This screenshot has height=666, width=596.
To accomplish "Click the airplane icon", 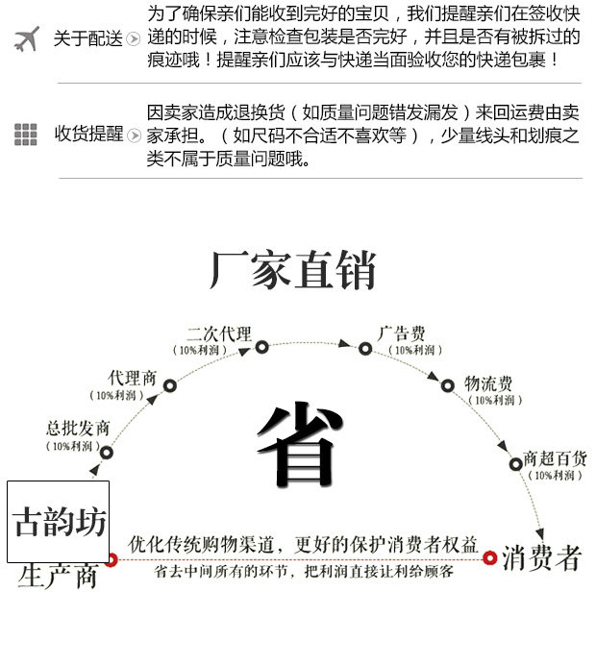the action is point(27,39).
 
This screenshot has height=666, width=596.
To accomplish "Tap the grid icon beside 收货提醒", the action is point(26,135).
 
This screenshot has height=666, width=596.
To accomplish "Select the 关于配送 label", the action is point(87,39).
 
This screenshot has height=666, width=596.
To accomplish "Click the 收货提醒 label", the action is point(88,135).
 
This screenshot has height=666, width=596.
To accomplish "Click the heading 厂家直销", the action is point(292,270).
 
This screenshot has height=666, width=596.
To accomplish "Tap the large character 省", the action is point(299,446).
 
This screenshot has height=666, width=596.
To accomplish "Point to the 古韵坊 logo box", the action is point(59,522).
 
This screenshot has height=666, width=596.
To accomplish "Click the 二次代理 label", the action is point(219,334).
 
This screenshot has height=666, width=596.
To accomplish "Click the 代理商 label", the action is point(133,378).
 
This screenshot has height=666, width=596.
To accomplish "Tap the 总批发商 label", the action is point(78,429).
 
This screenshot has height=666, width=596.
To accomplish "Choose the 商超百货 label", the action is point(555,458).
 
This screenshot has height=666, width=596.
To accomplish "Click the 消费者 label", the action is point(541,558).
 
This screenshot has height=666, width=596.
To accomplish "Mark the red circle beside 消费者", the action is point(489,558).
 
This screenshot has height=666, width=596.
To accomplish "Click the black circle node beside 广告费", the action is point(365,349).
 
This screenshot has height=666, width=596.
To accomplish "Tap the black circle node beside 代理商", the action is point(170,386).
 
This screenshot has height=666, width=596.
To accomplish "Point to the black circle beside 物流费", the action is point(447,386).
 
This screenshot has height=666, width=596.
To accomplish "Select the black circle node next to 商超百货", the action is point(516,464).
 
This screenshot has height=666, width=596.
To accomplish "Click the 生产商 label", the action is point(58,577).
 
